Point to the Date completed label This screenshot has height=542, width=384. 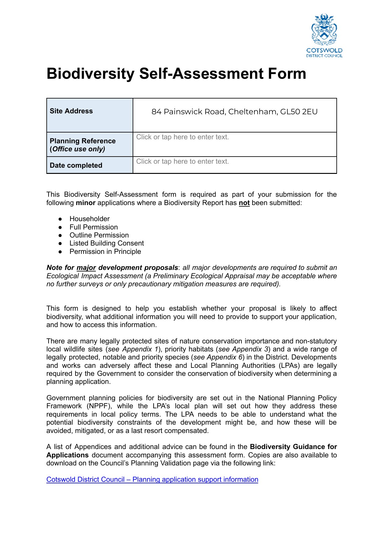pyautogui.click(x=76, y=166)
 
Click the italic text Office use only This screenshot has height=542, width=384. pyautogui.click(x=79, y=149)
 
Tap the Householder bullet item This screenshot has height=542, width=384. pyautogui.click(x=89, y=219)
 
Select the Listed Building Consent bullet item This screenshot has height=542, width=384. pyautogui.click(x=107, y=243)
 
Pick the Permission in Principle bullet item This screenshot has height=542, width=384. pyautogui.click(x=105, y=252)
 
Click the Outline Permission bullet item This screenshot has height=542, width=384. pyautogui.click(x=99, y=235)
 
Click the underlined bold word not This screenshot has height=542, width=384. pyautogui.click(x=244, y=203)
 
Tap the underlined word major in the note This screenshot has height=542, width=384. pyautogui.click(x=86, y=268)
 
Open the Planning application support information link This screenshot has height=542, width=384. pyautogui.click(x=152, y=480)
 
